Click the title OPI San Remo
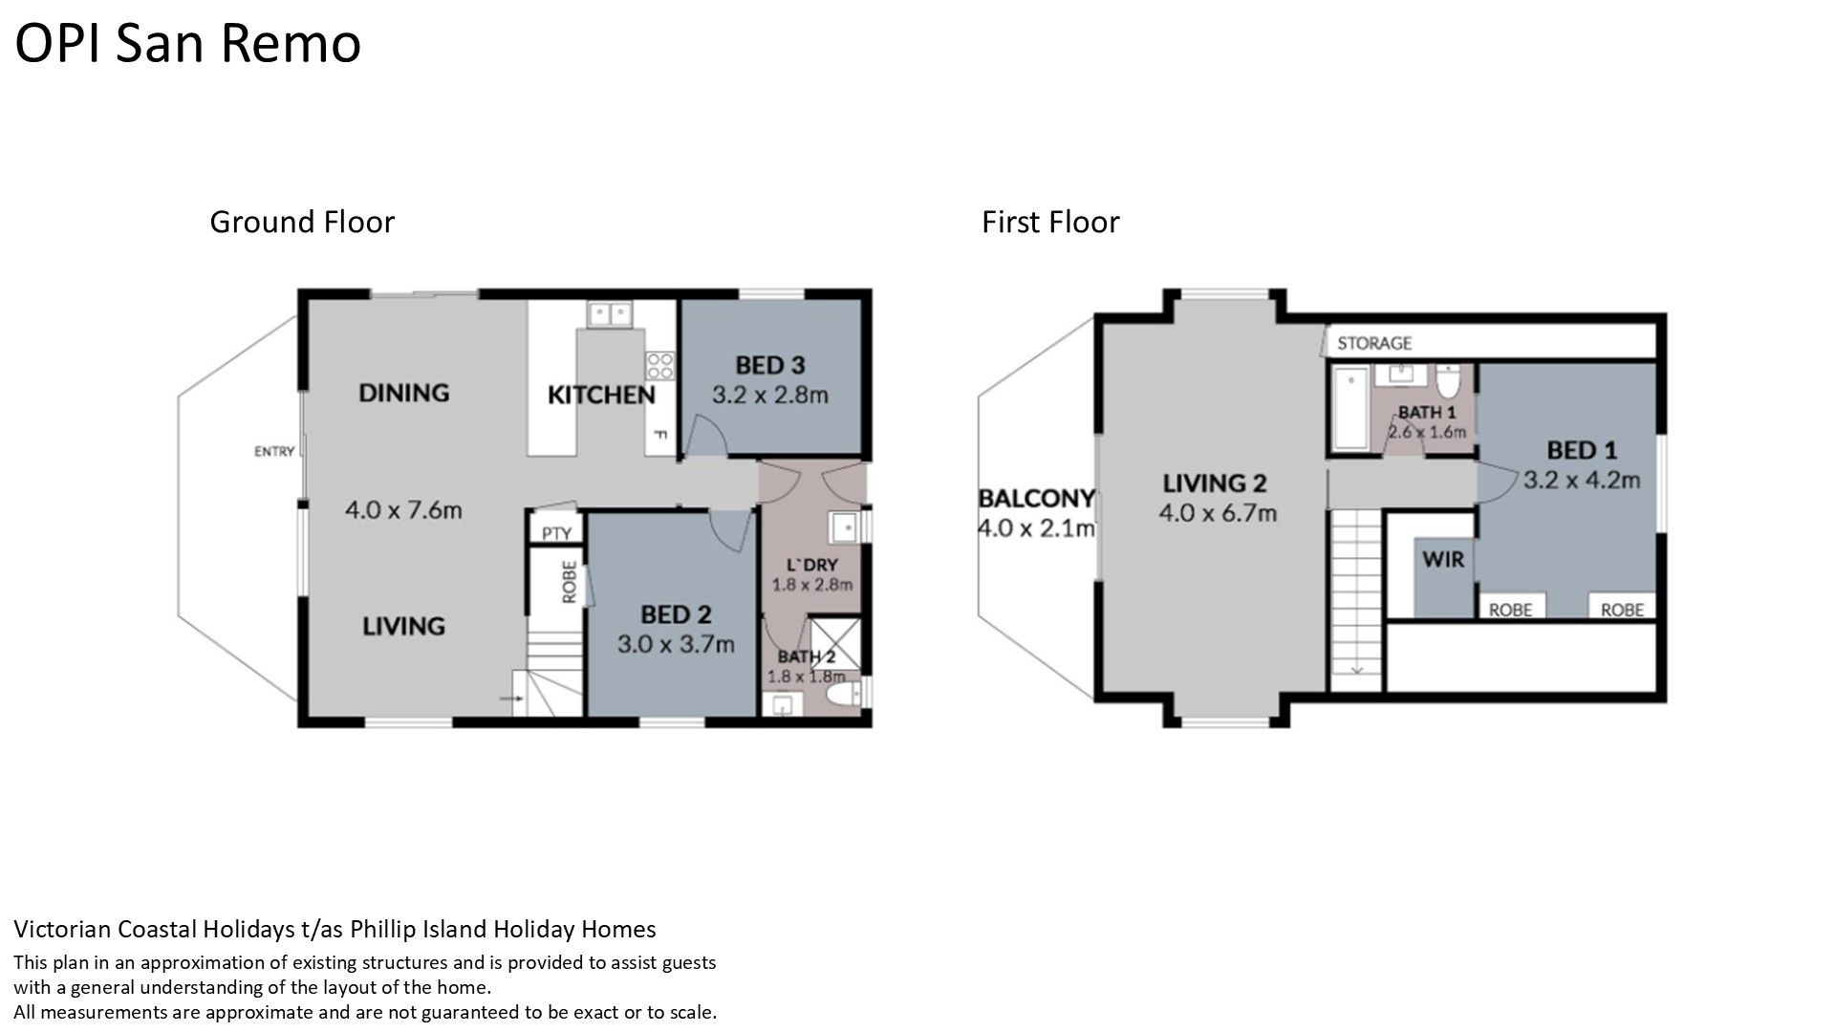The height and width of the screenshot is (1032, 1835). click(x=188, y=44)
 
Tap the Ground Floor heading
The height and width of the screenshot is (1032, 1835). click(x=302, y=222)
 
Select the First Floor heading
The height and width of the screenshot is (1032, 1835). click(x=1050, y=222)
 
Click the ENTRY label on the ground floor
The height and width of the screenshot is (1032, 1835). click(x=274, y=451)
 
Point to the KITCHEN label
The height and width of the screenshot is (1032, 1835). click(x=601, y=395)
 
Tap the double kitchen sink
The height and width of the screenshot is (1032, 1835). click(x=610, y=312)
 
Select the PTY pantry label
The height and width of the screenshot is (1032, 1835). click(x=556, y=533)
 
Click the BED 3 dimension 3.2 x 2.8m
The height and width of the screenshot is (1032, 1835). click(x=770, y=395)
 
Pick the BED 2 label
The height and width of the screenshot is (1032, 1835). click(x=676, y=614)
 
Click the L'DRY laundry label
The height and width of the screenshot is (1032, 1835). click(x=812, y=565)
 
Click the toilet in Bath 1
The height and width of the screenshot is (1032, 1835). click(x=1449, y=381)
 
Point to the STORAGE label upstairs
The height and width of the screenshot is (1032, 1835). click(x=1374, y=343)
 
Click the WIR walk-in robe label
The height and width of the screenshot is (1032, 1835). click(x=1443, y=559)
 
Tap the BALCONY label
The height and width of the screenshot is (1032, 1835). click(x=1037, y=499)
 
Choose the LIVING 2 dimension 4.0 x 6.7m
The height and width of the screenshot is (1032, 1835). click(x=1218, y=513)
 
